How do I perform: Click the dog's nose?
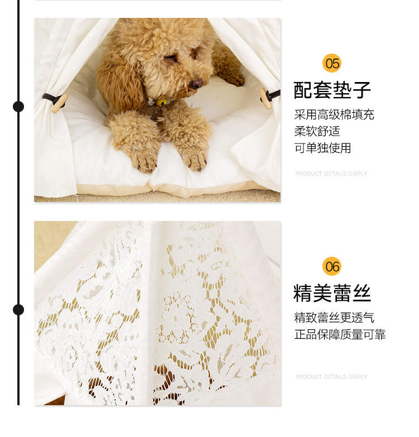(196, 84)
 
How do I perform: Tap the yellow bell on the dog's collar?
(163, 102)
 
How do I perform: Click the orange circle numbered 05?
(332, 63)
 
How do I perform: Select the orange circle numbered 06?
(332, 266)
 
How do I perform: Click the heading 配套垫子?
(332, 90)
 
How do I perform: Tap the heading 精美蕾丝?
(332, 294)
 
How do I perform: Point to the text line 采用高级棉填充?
(334, 115)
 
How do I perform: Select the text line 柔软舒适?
(317, 132)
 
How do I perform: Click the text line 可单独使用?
(322, 148)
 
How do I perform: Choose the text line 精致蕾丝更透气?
(334, 318)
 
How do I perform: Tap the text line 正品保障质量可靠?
(340, 335)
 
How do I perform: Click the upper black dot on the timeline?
(18, 106)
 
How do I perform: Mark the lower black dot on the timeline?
(18, 310)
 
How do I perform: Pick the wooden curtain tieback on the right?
(265, 98)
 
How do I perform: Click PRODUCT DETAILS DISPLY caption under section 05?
(331, 174)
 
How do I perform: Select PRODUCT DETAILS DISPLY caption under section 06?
(331, 377)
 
